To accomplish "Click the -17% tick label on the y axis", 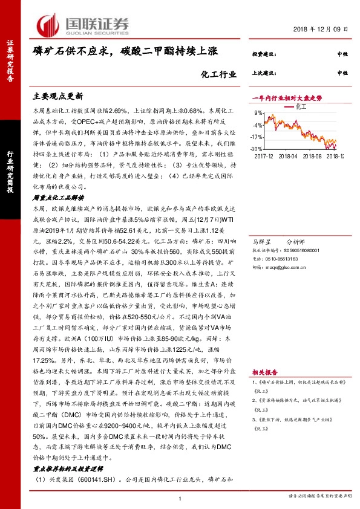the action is point(257,137).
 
